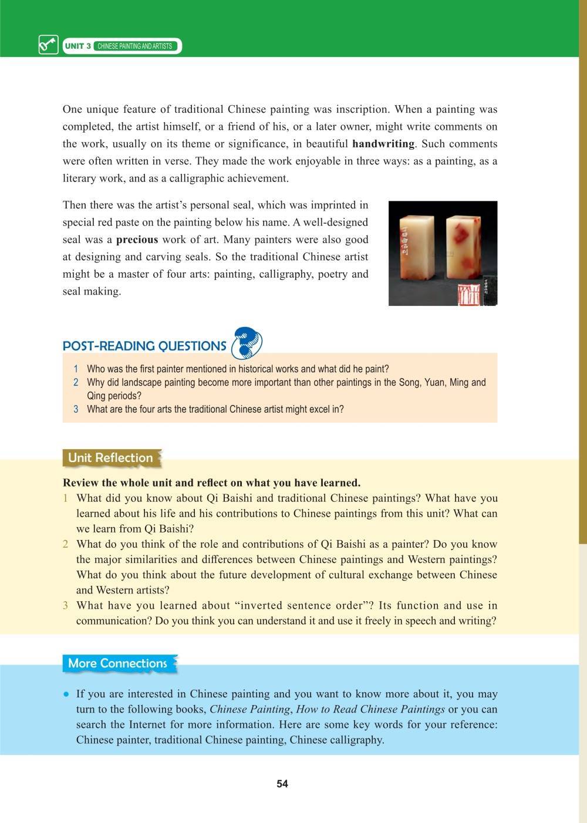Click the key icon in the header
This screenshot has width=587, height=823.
pos(48,45)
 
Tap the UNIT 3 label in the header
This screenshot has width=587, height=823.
pos(78,46)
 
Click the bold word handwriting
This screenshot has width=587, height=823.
pos(383,144)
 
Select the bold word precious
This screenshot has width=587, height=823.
pos(137,240)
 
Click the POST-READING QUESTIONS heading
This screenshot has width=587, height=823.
pos(144,346)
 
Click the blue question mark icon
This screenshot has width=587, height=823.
pos(247,343)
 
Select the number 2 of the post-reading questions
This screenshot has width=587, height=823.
pos(76,383)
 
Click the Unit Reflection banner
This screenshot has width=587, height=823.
pos(110,458)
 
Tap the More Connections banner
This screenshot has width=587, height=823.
pos(118,663)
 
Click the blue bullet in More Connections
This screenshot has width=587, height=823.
pos(67,694)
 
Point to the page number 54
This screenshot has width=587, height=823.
pos(282,784)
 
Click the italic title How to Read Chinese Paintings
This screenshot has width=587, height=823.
pos(370,709)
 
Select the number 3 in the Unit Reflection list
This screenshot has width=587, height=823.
pos(66,606)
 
